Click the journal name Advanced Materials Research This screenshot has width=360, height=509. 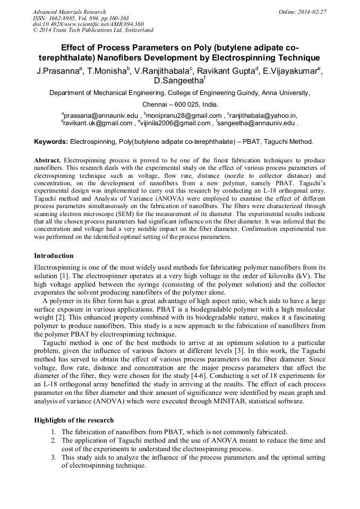(x=69, y=11)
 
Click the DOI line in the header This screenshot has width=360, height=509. (x=88, y=24)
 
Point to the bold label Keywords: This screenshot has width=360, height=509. (x=51, y=142)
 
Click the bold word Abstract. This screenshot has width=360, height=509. (x=48, y=160)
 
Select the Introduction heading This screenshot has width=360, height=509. (x=54, y=255)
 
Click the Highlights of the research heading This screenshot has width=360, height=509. (x=74, y=420)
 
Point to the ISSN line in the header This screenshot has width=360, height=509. (x=81, y=18)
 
